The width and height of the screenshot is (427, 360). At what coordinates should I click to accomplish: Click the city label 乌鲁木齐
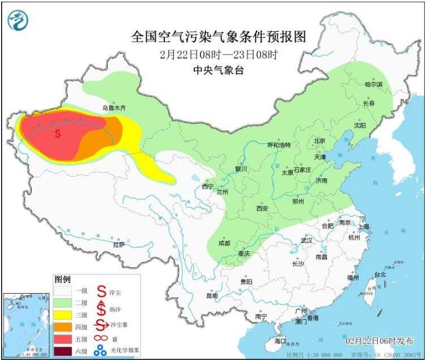112,106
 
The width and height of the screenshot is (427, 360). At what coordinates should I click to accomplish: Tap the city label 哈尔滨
374,84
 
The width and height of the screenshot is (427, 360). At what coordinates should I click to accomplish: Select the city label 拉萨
118,245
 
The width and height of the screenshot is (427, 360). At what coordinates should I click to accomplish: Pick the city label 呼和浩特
279,145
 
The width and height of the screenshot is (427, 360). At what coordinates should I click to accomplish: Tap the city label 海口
280,341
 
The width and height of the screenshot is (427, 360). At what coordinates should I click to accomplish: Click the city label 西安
262,208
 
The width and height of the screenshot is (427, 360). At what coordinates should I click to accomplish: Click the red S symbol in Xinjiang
58,135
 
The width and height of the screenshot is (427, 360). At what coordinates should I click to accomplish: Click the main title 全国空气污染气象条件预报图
219,37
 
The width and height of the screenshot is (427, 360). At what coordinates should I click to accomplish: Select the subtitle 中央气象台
219,71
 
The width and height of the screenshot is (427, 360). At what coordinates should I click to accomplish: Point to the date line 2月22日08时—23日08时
219,55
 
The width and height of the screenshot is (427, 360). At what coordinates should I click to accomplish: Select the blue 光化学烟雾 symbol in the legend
100,352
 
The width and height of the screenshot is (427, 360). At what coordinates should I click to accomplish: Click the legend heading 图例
62,280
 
